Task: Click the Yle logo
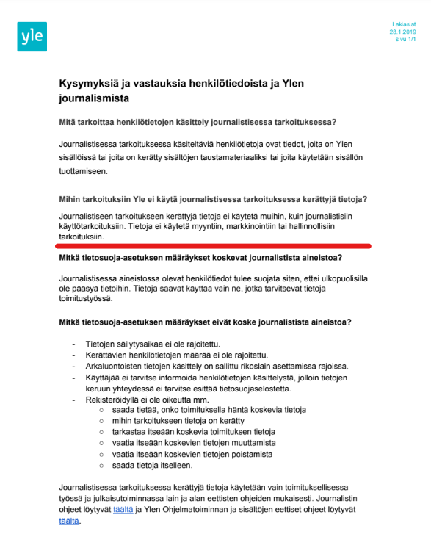point(32,37)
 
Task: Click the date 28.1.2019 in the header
point(403,32)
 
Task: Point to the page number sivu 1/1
point(405,40)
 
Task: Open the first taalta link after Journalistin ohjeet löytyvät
point(123,508)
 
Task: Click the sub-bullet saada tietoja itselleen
point(153,465)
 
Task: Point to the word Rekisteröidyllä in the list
point(116,399)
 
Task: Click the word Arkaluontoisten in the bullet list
point(117,366)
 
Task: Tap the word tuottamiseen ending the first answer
point(83,171)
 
